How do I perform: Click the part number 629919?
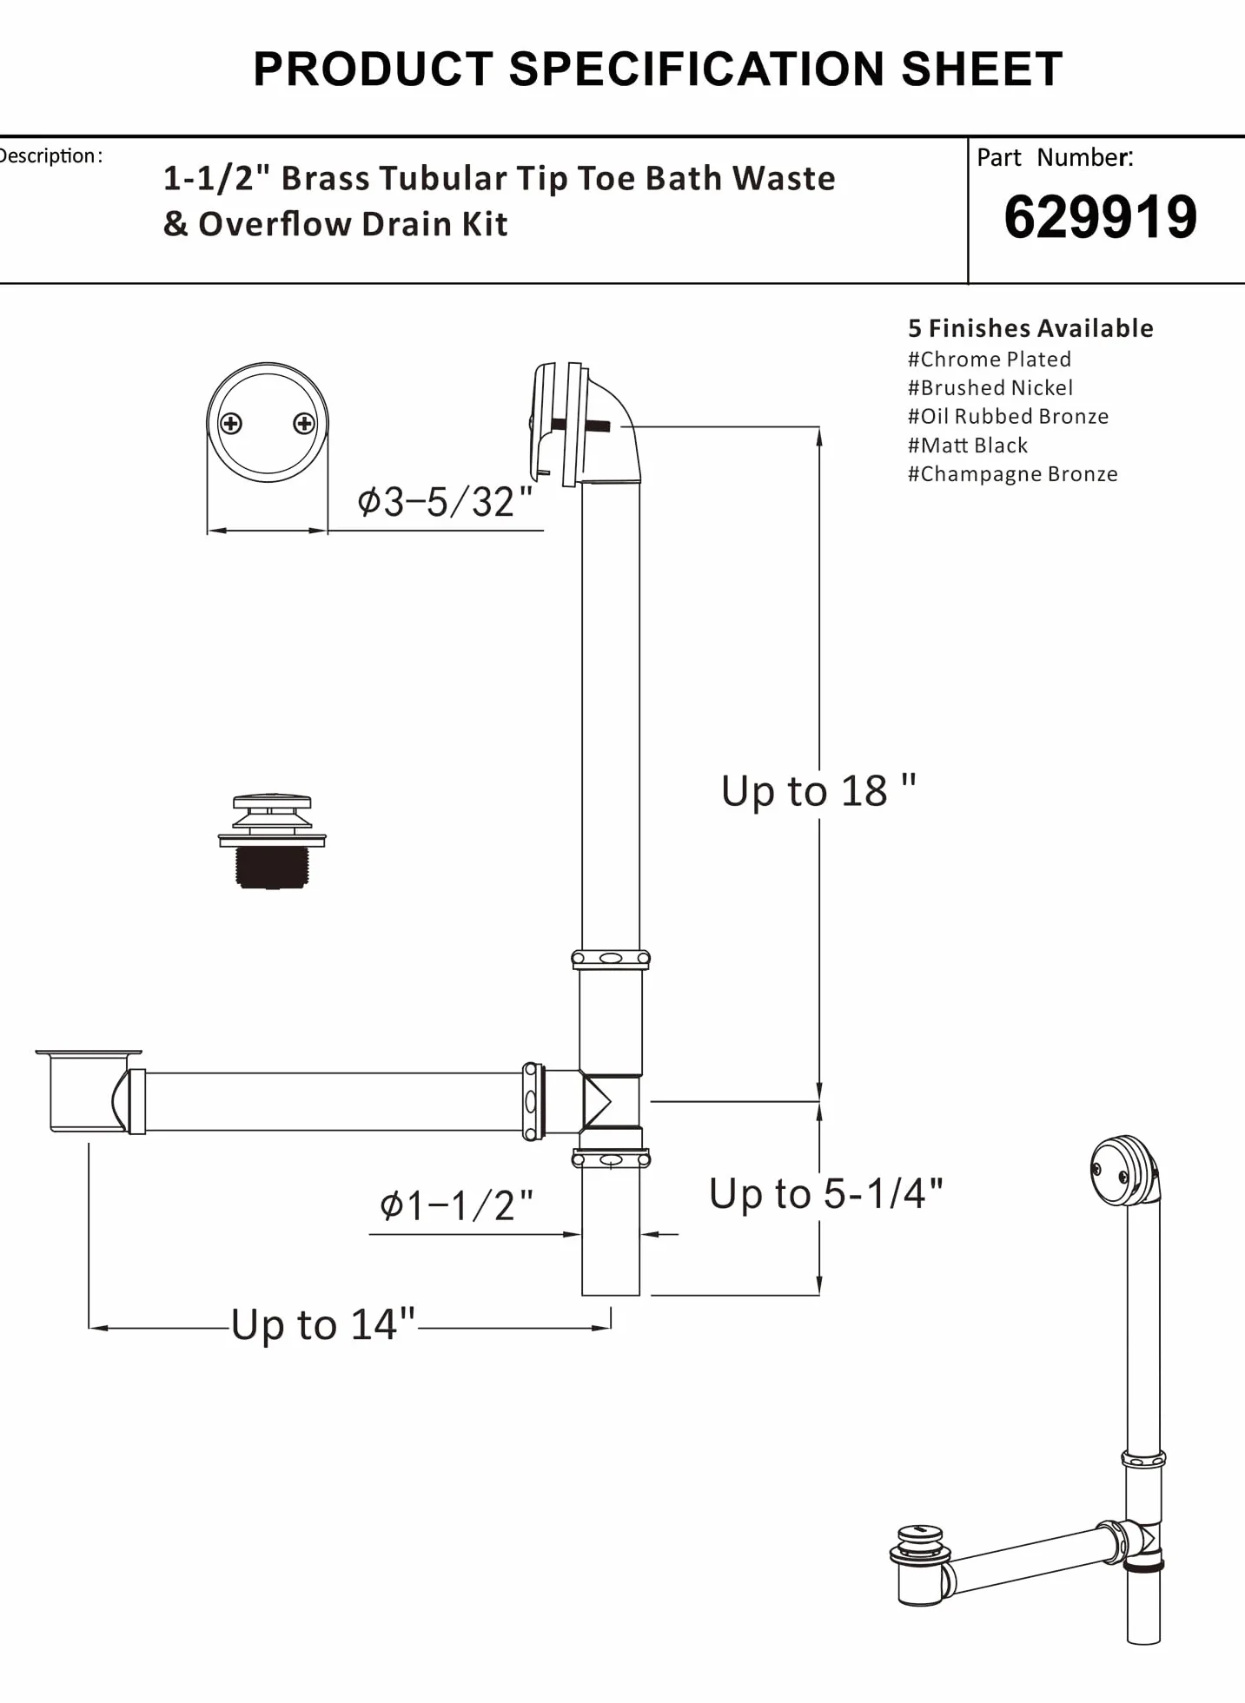1100,217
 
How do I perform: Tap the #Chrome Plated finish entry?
990,359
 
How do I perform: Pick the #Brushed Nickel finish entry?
990,387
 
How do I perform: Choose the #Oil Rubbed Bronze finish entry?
1009,416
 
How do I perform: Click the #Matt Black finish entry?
968,445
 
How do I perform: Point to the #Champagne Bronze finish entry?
1013,473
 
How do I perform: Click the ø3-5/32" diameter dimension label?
445,502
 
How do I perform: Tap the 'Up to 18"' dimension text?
818,790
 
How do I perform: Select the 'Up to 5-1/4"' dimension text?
825,1193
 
